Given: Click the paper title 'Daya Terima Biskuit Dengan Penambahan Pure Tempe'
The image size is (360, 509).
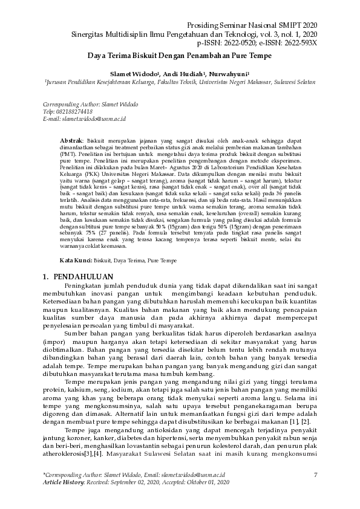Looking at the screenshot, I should (180, 56).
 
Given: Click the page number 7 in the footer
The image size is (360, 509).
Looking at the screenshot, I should (316, 475).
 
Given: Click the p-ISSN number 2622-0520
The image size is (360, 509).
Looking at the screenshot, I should (237, 44).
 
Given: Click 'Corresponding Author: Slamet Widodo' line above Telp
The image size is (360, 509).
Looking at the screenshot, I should (87, 105).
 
